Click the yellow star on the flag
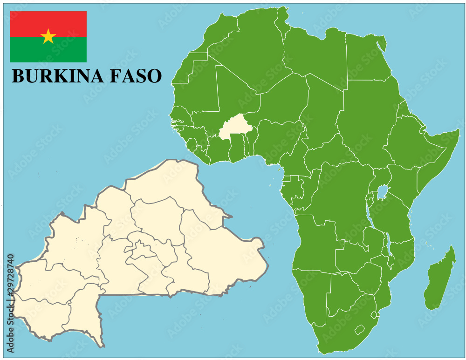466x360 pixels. coord(48,36)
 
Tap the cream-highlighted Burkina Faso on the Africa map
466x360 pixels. coord(235,127)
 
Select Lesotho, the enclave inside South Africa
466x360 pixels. coord(359,330)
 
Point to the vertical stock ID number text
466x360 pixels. coord(11,303)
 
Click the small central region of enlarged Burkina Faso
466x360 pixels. coord(143,251)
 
